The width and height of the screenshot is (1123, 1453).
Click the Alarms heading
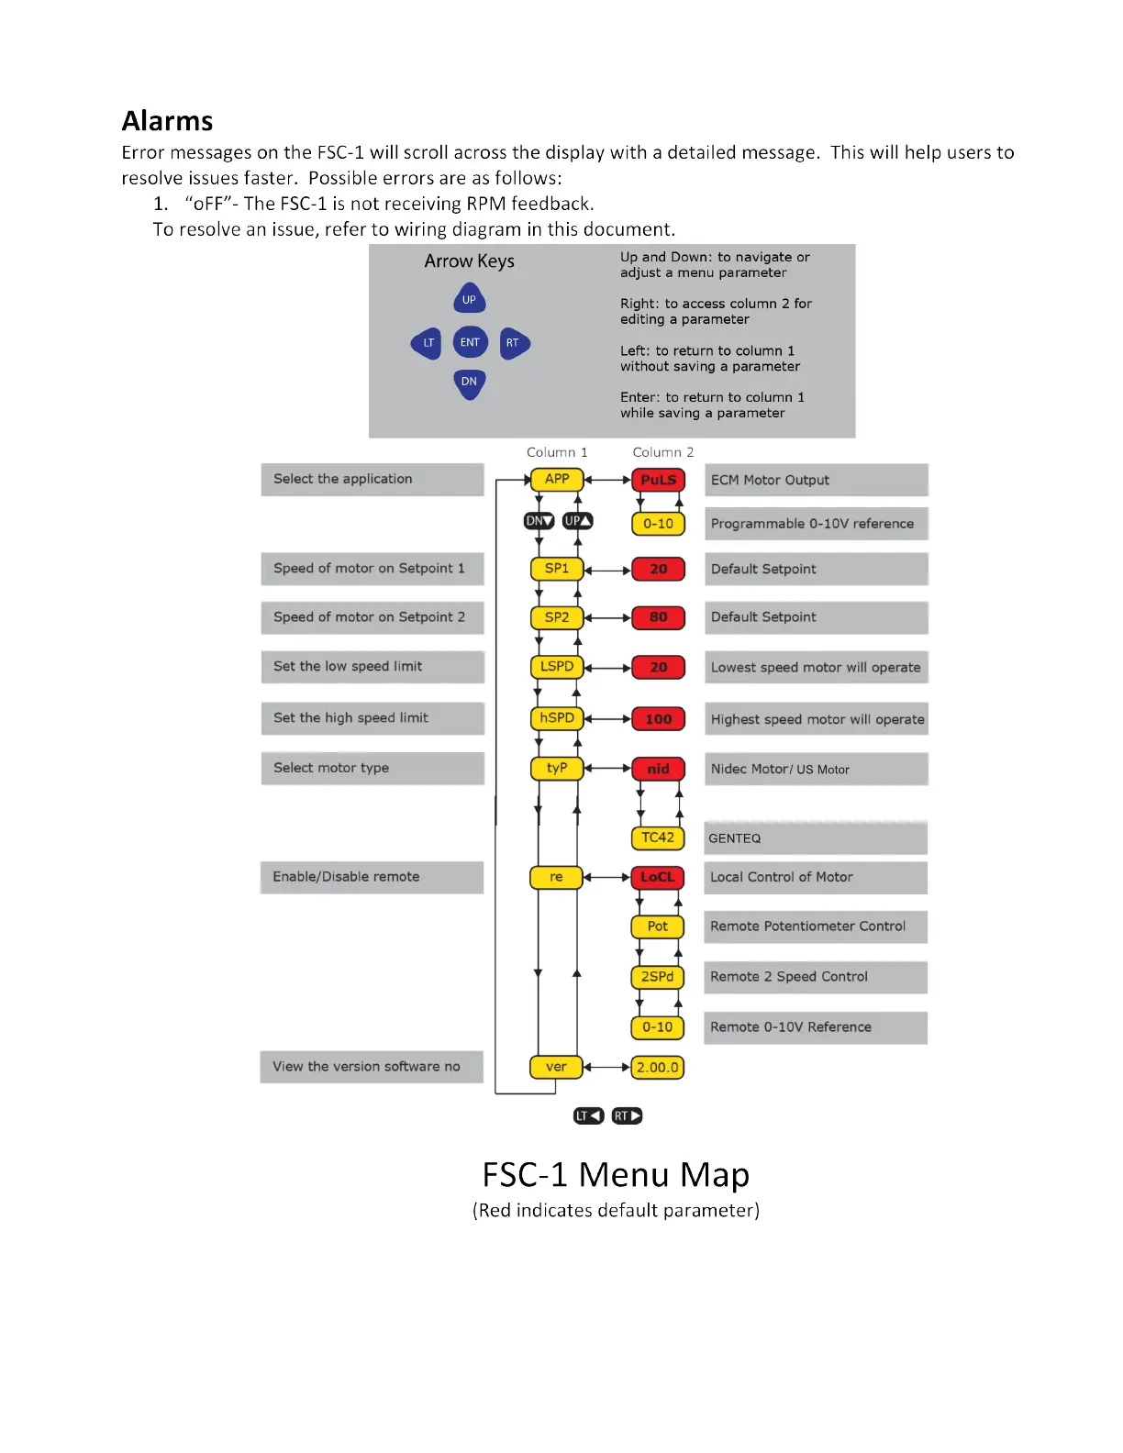click(167, 121)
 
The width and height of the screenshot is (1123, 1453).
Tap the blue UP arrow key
click(469, 299)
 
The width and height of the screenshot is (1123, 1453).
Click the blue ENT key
click(470, 342)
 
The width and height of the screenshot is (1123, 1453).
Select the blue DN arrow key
click(469, 382)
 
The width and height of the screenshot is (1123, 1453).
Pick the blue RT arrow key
click(514, 343)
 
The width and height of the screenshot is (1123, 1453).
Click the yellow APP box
click(557, 479)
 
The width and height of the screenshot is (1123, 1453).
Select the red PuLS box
click(658, 479)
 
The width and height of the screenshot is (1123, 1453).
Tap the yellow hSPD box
click(557, 718)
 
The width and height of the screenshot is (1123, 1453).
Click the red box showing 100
click(658, 719)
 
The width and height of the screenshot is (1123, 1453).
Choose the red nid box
click(658, 769)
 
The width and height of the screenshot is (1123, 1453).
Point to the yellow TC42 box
click(658, 837)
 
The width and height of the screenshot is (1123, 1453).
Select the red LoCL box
click(657, 877)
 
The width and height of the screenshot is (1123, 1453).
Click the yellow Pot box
click(657, 926)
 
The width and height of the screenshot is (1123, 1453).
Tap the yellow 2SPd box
click(657, 977)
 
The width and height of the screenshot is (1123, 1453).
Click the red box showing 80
click(658, 617)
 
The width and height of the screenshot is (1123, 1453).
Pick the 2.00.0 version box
click(657, 1067)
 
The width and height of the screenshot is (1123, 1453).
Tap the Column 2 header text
click(662, 452)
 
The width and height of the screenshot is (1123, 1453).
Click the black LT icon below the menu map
click(588, 1116)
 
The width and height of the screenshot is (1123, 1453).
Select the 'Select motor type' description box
click(372, 768)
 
